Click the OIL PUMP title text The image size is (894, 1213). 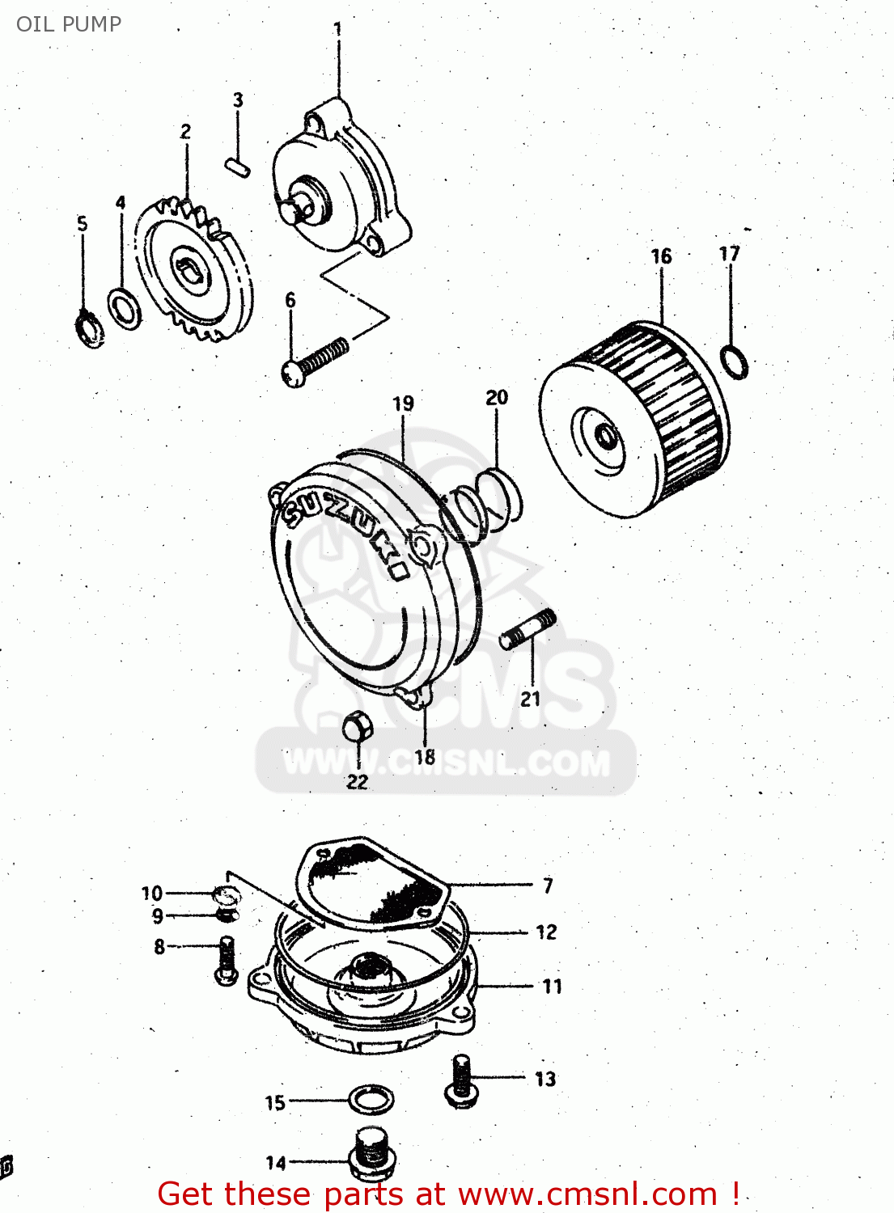coord(69,24)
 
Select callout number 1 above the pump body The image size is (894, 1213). coord(337,29)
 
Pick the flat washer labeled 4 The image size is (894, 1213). coord(124,308)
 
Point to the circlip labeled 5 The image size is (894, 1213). coord(90,328)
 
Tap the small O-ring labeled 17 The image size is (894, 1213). coord(734,361)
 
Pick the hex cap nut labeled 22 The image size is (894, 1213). coord(356,727)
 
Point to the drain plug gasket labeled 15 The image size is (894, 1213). coord(371,1100)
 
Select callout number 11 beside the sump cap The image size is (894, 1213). coord(552,986)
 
